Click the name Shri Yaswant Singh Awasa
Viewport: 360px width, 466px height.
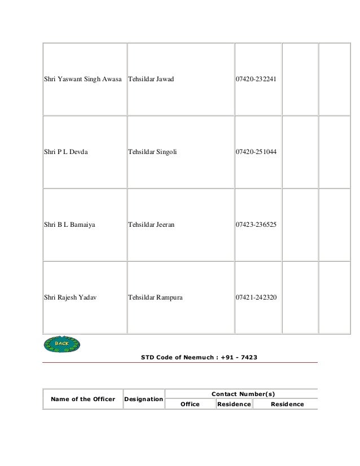[x=82, y=79]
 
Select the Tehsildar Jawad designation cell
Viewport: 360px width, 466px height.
[x=151, y=79]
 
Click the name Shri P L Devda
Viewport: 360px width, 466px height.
[x=66, y=152]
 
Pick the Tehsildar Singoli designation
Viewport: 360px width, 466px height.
[x=152, y=152]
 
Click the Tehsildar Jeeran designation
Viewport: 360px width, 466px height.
[x=151, y=225]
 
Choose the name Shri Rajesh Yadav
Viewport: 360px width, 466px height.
[x=70, y=297]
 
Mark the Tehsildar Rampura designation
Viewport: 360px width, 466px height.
[x=155, y=297]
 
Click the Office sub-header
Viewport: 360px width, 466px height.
[x=190, y=404]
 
